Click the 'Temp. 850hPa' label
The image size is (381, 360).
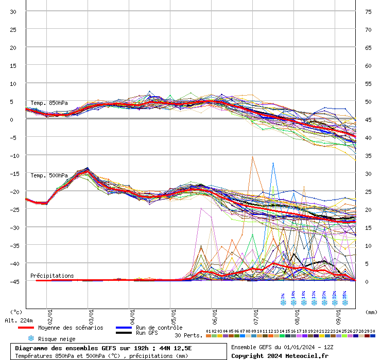pos(49,103)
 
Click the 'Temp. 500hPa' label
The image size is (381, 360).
pos(49,175)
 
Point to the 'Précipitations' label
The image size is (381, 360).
pos(52,276)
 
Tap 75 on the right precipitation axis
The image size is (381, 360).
pos(368,12)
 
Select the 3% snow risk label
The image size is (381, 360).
pos(283,296)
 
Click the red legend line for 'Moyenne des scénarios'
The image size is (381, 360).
pos(32,328)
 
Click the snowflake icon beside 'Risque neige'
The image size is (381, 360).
pos(31,338)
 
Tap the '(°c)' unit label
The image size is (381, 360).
pos(16,312)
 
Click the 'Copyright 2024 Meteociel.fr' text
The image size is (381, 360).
pos(280,355)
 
